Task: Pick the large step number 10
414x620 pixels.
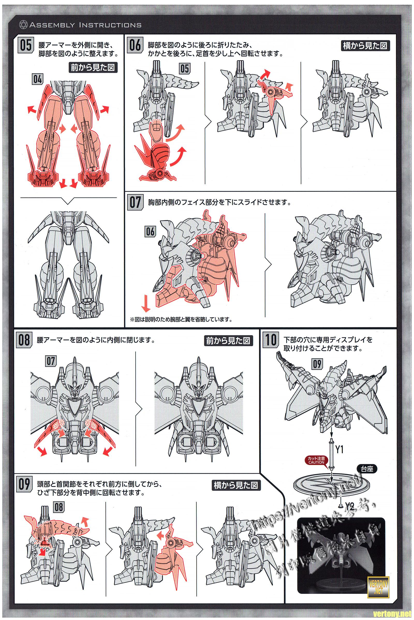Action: tap(271, 340)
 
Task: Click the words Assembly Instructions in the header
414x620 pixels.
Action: tap(85, 25)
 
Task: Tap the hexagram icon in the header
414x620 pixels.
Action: tap(23, 25)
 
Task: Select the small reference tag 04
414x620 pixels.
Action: tap(38, 79)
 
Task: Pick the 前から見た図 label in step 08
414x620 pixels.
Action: tap(228, 341)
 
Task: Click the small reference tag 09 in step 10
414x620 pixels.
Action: tap(317, 364)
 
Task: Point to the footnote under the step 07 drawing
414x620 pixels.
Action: tap(181, 320)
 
